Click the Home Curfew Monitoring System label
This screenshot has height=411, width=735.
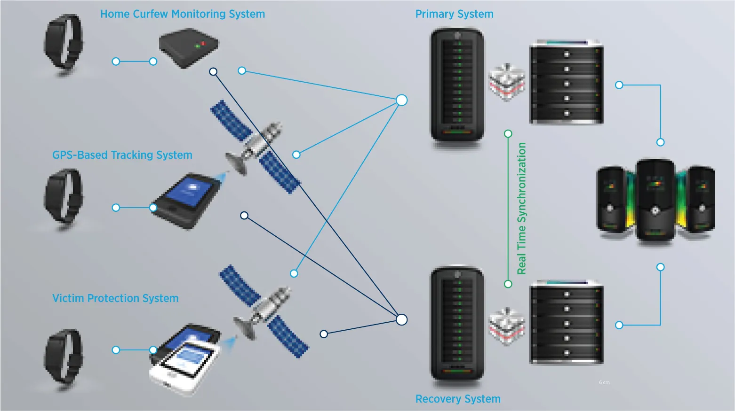coord(183,14)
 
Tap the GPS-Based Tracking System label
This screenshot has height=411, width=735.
coord(122,155)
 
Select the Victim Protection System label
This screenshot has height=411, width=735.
coord(115,298)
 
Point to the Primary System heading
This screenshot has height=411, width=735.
coord(454,14)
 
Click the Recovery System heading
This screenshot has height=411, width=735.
coord(458,399)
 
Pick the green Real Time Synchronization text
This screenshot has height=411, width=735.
coord(522,208)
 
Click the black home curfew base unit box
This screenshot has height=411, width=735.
coord(188,47)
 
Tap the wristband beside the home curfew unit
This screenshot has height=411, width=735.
coord(63,42)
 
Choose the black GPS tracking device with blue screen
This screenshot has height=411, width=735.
coord(186,200)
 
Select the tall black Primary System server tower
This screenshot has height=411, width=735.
coord(457,85)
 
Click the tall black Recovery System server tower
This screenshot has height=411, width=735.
coord(457,324)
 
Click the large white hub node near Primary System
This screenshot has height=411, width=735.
coord(401,100)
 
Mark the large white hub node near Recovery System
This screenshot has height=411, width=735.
coord(401,319)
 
